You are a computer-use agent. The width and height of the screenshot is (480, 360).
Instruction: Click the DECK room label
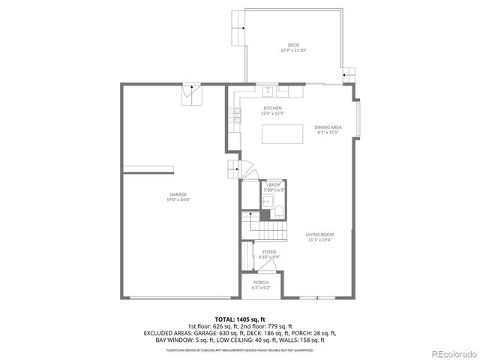click(x=293, y=45)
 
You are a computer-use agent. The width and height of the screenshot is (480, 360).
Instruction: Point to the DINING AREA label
click(x=328, y=127)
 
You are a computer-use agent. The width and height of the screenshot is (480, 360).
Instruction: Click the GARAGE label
click(x=178, y=195)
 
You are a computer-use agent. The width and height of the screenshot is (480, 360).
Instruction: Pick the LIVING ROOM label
click(x=319, y=235)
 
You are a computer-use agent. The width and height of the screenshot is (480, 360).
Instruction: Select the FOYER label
click(x=269, y=252)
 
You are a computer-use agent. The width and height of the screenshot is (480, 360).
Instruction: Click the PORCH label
click(x=260, y=282)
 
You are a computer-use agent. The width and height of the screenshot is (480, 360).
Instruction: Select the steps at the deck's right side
click(x=349, y=73)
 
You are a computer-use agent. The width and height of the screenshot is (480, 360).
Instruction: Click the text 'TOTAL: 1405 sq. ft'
click(x=240, y=319)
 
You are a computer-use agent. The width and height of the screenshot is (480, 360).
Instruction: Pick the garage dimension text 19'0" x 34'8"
click(x=178, y=199)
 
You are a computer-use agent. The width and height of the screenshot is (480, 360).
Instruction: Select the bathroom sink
click(x=268, y=201)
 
